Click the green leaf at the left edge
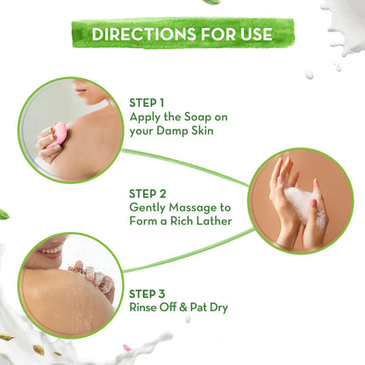tap(4, 214)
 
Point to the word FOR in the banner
tap(213, 34)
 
